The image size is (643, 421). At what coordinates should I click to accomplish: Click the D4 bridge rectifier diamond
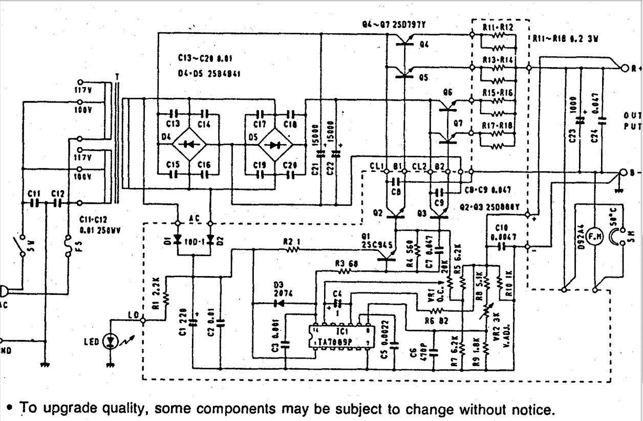tap(188, 144)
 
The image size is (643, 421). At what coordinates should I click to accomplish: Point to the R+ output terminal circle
tap(624, 68)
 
